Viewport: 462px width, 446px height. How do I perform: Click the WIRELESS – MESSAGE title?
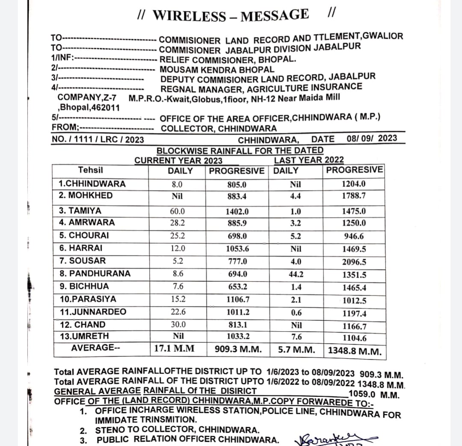pos(231,15)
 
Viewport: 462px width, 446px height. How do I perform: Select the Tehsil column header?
pos(90,170)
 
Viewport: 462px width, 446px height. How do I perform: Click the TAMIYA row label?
pos(80,211)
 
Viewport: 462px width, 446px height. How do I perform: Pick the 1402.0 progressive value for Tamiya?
pos(237,211)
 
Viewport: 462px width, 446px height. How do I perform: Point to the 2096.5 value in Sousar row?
pos(354,262)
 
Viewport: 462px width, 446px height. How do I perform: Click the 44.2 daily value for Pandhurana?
pos(296,275)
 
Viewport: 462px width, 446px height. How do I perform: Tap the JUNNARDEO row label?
pos(93,311)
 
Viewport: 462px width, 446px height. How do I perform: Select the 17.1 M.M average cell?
pos(174,349)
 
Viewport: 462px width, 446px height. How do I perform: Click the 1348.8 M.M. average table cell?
pos(355,351)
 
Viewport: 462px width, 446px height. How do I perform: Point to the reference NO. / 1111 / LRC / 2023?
pos(98,139)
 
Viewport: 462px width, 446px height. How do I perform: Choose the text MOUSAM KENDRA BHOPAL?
pos(217,69)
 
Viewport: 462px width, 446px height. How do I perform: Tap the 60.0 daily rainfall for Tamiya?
pos(178,211)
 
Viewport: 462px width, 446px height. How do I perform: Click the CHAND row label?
pos(82,324)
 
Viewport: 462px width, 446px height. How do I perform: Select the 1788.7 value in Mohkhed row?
pos(354,196)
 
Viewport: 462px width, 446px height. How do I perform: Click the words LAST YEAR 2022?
pos(308,160)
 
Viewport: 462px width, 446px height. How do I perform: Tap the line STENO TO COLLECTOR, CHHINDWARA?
pos(177,430)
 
